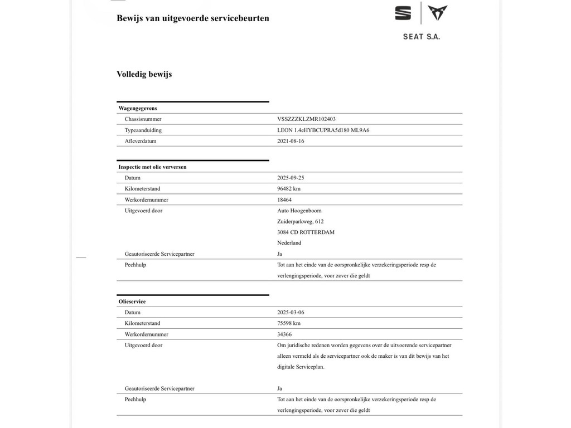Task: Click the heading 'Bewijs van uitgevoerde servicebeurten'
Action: (x=192, y=18)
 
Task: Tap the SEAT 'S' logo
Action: (x=403, y=13)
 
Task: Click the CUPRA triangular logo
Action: (x=437, y=13)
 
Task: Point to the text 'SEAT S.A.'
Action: (x=421, y=37)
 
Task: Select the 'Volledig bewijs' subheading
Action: (x=144, y=74)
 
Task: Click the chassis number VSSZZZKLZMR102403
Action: (x=306, y=119)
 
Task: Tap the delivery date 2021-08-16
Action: (x=291, y=141)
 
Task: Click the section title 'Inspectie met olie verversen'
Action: (x=152, y=167)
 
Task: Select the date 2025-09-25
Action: (x=291, y=178)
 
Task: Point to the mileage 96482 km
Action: (x=289, y=189)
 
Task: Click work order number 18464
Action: (x=284, y=200)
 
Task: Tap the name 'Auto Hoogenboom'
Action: (x=299, y=211)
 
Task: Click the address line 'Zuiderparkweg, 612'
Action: (x=300, y=221)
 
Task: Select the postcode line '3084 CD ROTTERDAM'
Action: (x=306, y=232)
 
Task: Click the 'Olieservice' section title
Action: (x=132, y=301)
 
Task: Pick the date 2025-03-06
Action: (x=291, y=313)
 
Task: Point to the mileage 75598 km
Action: (x=289, y=323)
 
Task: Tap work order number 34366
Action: (x=284, y=334)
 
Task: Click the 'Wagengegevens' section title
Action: (x=137, y=108)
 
